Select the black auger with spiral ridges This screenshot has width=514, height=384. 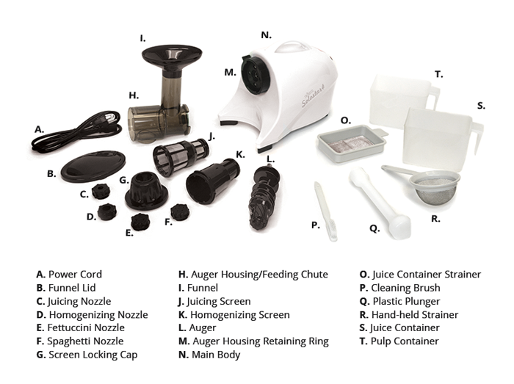point(263,198)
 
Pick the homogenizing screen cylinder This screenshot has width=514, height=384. point(213,181)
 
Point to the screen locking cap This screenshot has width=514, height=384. point(147,191)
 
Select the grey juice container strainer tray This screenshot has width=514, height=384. point(352,142)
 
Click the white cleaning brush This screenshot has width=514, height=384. point(325,212)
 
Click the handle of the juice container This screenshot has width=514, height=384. point(477,138)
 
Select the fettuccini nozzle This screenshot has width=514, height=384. point(141,222)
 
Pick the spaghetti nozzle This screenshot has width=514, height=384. point(181,212)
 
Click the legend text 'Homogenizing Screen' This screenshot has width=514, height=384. point(240,314)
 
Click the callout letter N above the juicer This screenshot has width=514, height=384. point(266,35)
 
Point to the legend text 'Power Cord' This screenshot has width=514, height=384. point(75,274)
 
